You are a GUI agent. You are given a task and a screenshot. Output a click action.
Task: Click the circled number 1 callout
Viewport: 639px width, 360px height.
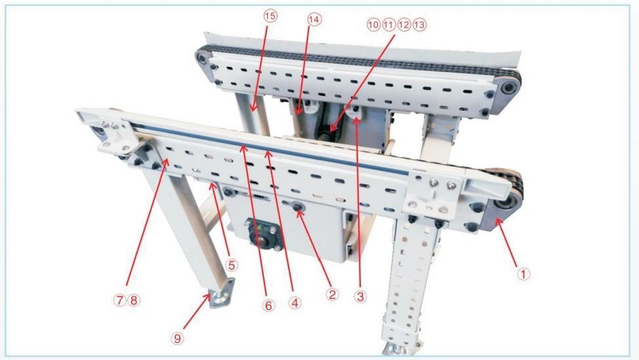pyautogui.click(x=524, y=273)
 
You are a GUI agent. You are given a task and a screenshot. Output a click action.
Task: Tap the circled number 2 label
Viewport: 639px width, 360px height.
pyautogui.click(x=332, y=294)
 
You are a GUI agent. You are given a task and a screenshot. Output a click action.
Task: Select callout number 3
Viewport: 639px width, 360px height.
pyautogui.click(x=360, y=296)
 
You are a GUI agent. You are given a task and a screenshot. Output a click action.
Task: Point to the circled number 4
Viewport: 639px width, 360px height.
pyautogui.click(x=295, y=302)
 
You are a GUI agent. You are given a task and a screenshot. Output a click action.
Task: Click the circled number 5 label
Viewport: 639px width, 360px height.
pyautogui.click(x=231, y=266)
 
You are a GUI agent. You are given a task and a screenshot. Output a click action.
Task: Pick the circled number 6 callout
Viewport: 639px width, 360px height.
pyautogui.click(x=268, y=305)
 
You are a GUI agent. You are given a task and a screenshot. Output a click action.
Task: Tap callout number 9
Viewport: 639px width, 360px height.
pyautogui.click(x=177, y=338)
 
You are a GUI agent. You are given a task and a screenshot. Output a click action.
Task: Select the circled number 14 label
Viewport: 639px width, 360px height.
pyautogui.click(x=314, y=19)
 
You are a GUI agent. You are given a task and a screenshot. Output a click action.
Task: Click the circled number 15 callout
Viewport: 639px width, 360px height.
pyautogui.click(x=270, y=16)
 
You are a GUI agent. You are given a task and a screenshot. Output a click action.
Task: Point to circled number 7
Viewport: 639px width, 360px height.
pyautogui.click(x=119, y=300)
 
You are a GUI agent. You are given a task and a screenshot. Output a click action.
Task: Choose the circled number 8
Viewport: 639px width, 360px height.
pyautogui.click(x=134, y=300)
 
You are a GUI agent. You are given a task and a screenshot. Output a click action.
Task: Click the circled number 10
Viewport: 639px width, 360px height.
pyautogui.click(x=373, y=25)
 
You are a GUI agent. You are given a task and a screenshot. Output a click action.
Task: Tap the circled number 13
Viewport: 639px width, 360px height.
pyautogui.click(x=419, y=25)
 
